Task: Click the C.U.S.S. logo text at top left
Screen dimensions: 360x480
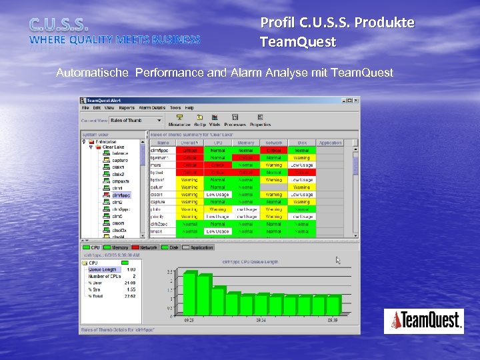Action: (x=59, y=25)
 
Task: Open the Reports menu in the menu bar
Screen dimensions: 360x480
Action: (x=127, y=107)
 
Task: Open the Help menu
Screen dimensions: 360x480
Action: (x=189, y=107)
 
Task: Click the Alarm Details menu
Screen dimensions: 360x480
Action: (x=151, y=107)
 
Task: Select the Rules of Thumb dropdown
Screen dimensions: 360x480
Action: (x=136, y=121)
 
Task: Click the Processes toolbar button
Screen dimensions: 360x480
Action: (x=235, y=121)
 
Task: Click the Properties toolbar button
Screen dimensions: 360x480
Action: (x=260, y=121)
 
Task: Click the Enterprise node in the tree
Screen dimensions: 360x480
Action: (x=105, y=142)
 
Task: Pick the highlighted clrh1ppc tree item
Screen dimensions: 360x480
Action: (x=121, y=195)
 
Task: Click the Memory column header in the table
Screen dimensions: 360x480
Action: (x=246, y=143)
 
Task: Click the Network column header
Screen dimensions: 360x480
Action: (x=273, y=143)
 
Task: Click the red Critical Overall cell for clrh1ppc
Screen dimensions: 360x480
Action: (x=190, y=150)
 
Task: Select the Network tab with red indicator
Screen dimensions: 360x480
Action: (x=148, y=247)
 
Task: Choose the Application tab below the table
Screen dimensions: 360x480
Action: (x=202, y=247)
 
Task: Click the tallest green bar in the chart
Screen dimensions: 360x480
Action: (x=191, y=293)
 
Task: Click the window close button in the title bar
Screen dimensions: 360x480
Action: (x=356, y=100)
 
